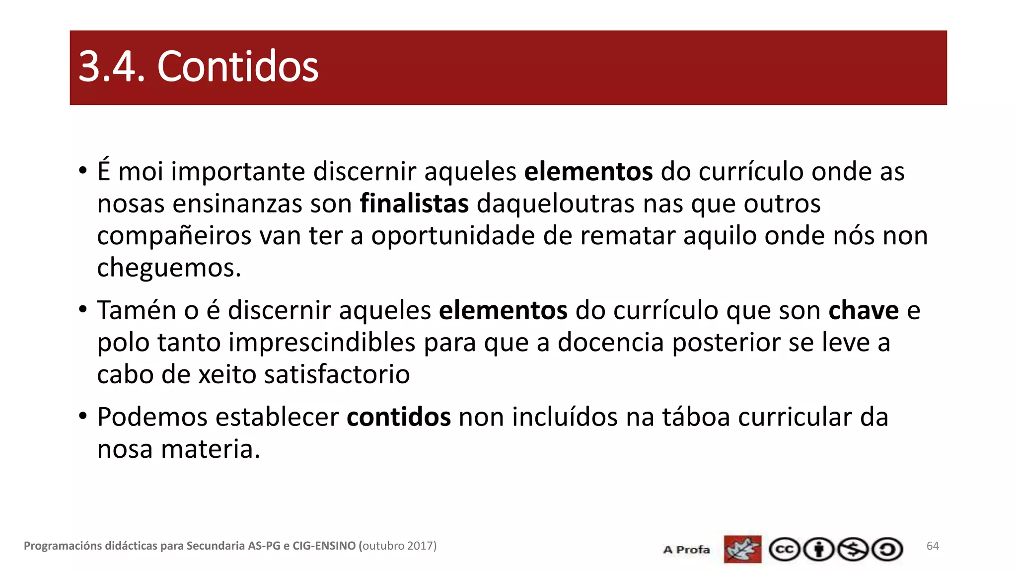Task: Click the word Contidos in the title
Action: pyautogui.click(x=237, y=67)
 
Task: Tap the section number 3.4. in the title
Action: pyautogui.click(x=112, y=67)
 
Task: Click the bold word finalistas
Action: pyautogui.click(x=414, y=204)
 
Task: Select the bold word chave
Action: pyautogui.click(x=864, y=311)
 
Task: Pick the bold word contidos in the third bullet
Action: pyautogui.click(x=399, y=417)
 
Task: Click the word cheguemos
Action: pyautogui.click(x=169, y=268)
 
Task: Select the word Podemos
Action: pyautogui.click(x=152, y=417)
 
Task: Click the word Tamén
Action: pyautogui.click(x=137, y=311)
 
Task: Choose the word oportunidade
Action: pyautogui.click(x=453, y=236)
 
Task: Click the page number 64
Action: pyautogui.click(x=933, y=546)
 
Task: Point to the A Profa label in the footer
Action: pyautogui.click(x=686, y=550)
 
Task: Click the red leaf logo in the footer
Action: pyautogui.click(x=742, y=549)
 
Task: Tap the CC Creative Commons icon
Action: pyautogui.click(x=784, y=550)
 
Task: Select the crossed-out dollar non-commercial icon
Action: pyautogui.click(x=853, y=550)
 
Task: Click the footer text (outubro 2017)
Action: pyautogui.click(x=397, y=546)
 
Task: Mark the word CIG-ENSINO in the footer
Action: pyautogui.click(x=324, y=546)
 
